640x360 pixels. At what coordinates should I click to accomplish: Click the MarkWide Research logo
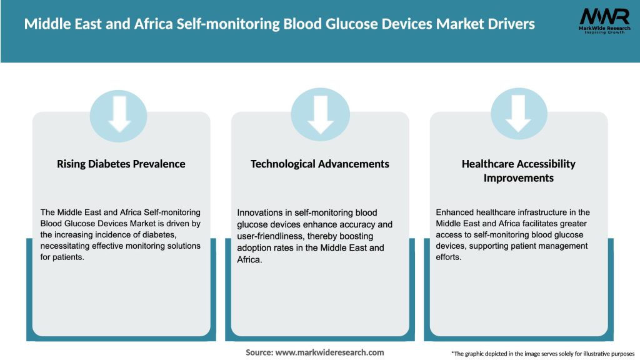(x=604, y=22)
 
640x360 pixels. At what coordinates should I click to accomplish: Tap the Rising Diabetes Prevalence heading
(x=121, y=164)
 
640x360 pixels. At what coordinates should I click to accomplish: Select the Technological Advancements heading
(x=320, y=164)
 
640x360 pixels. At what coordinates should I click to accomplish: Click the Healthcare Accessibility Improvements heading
(x=519, y=171)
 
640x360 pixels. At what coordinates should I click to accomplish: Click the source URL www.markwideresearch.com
(x=330, y=352)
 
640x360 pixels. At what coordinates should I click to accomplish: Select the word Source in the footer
(x=259, y=352)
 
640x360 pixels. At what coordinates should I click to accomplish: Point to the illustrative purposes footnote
(x=542, y=354)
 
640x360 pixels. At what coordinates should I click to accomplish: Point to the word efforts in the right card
(x=449, y=257)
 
